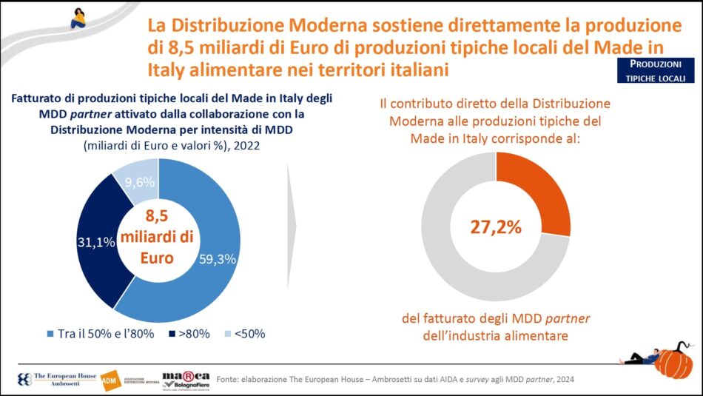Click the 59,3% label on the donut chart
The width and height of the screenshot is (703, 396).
coord(218,259)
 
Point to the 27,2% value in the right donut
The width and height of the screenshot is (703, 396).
coord(496,226)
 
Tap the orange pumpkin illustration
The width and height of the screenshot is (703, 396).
coord(674,361)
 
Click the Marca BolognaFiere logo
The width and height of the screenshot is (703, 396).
coord(186,378)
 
